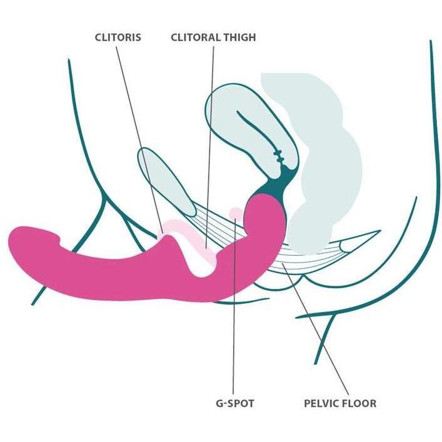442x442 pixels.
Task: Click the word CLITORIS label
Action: (118, 38)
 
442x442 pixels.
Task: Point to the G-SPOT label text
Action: (235, 403)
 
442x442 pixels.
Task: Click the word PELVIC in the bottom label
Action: (321, 403)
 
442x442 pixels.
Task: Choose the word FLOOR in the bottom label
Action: (359, 403)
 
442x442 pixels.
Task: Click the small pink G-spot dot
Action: (235, 214)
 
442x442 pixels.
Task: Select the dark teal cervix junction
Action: (278, 183)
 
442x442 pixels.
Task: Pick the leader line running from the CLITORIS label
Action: (139, 139)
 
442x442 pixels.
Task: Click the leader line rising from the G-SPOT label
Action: (234, 306)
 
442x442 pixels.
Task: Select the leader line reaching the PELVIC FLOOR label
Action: (316, 328)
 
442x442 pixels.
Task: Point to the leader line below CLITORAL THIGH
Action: (210, 147)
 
